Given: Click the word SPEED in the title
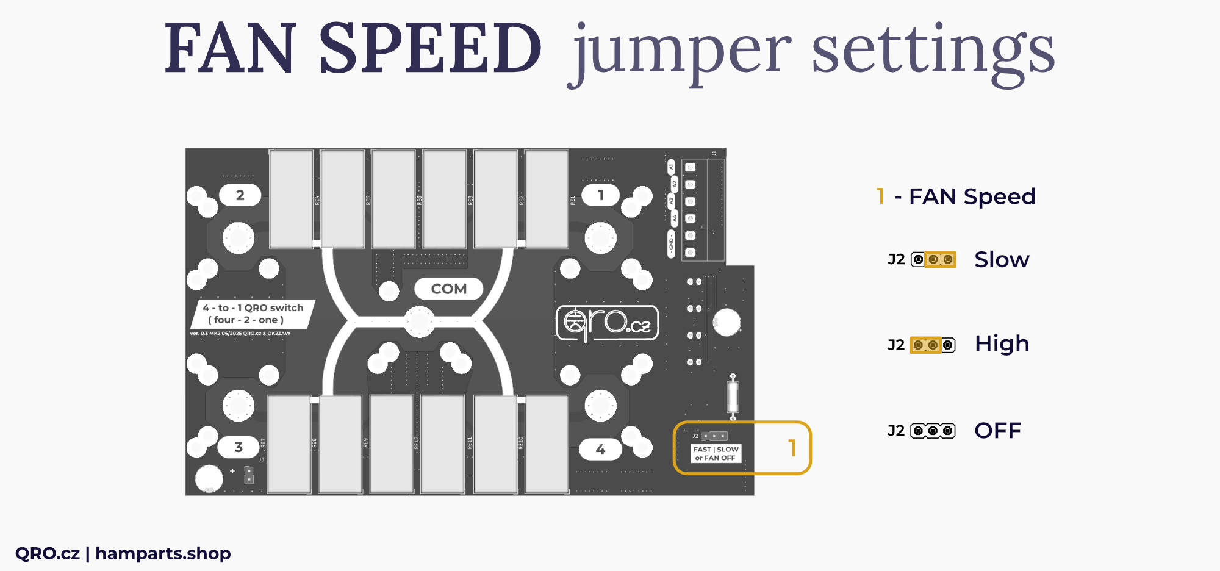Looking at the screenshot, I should point(430,49).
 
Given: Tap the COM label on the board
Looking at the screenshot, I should point(449,289).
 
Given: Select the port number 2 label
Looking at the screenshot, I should point(240,195).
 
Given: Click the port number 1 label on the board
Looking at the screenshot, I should point(601,195).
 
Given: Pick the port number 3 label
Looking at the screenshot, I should point(239,447).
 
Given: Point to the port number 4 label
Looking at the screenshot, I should point(600,450).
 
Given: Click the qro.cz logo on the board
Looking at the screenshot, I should point(608,323).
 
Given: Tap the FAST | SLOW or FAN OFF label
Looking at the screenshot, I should point(716,453).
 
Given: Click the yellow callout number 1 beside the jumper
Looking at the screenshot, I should point(792,448).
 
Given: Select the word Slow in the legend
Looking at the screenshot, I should point(1002,260).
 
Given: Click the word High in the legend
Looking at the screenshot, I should point(1002,344).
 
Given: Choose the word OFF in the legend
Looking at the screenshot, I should point(997,431).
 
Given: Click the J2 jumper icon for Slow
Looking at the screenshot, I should point(933,260).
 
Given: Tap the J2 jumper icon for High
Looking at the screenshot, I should point(933,345).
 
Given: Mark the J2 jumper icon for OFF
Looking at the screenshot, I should point(933,431).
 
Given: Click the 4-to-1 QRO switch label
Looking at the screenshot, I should point(253,314).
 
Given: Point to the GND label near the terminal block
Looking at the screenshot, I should point(672,244).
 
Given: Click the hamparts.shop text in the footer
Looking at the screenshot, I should point(163,553).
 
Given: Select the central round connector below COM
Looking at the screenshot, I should point(420,321).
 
